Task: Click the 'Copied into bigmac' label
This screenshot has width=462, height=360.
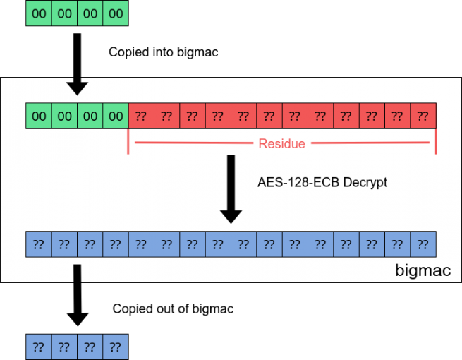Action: click(x=163, y=52)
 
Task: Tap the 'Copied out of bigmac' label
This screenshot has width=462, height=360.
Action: click(x=173, y=308)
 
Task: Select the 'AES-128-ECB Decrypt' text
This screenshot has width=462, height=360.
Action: click(x=322, y=183)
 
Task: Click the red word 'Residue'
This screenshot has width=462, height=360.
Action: click(x=281, y=143)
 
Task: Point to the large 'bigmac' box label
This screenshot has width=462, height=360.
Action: click(x=423, y=270)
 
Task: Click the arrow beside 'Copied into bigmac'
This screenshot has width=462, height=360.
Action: click(x=77, y=64)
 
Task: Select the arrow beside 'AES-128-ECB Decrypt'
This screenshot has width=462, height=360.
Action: click(x=231, y=189)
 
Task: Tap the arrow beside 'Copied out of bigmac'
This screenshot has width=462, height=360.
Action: click(x=78, y=296)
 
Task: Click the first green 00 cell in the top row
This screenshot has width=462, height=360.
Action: click(x=39, y=13)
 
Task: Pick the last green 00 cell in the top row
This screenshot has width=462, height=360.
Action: click(x=116, y=13)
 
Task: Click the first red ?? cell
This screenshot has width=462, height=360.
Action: click(x=141, y=116)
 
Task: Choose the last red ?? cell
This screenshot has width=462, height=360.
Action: click(x=423, y=116)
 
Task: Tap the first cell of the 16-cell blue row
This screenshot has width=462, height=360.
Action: click(x=39, y=244)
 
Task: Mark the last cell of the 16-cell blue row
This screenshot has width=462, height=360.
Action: click(x=423, y=244)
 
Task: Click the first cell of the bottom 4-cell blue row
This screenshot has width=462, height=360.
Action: click(x=39, y=347)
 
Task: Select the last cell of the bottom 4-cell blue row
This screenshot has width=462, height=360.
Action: click(x=116, y=347)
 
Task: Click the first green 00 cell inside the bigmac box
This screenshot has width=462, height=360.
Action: click(x=39, y=116)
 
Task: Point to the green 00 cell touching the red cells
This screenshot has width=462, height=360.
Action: click(x=116, y=116)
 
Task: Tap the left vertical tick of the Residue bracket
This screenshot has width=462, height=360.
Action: click(x=128, y=141)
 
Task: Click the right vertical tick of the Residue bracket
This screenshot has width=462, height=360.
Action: click(x=436, y=141)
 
